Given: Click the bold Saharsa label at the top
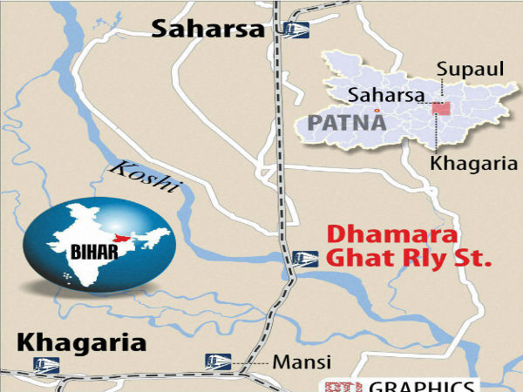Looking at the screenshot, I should tap(208, 30).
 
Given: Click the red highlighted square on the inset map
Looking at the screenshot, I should tap(443, 110).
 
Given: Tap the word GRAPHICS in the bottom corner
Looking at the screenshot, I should tap(425, 386).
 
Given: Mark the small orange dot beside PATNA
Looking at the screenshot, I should tap(376, 112).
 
